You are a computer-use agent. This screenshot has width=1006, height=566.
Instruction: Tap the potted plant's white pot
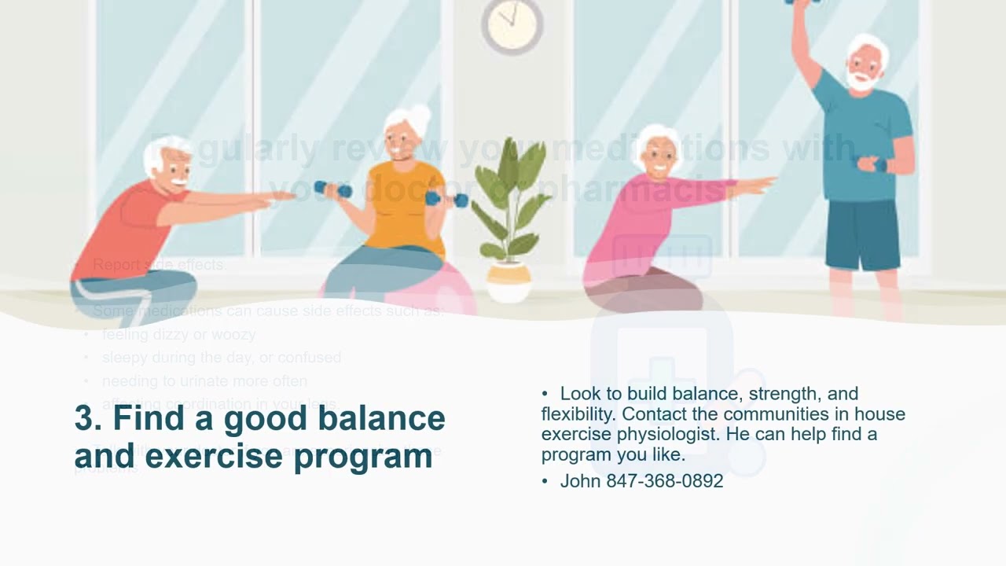[509, 282]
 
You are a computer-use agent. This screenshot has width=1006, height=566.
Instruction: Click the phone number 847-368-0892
[664, 481]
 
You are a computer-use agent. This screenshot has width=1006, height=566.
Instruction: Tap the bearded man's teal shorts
[862, 234]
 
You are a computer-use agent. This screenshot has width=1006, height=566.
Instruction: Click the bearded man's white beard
[861, 79]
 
